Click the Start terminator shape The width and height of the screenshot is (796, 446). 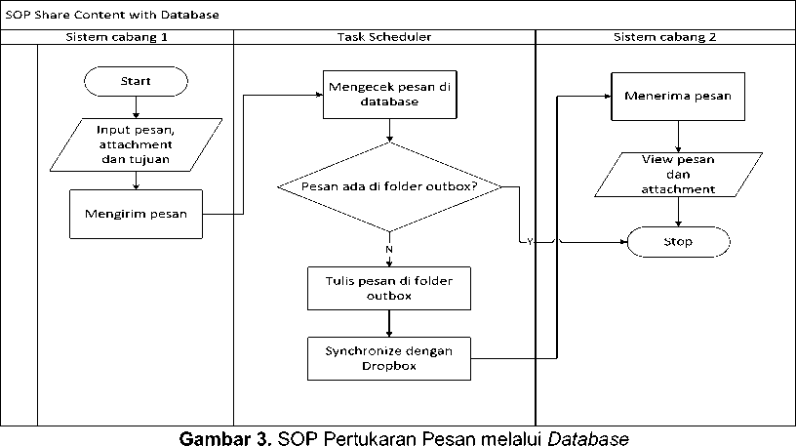(136, 81)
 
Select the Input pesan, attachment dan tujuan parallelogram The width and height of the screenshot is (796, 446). (136, 144)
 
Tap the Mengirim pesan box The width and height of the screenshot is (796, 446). (136, 213)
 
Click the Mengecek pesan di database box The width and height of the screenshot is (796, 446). (389, 94)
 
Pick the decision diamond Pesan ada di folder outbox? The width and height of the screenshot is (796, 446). (389, 186)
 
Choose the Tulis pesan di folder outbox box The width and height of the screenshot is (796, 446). (389, 289)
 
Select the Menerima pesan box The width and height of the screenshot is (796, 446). (670, 96)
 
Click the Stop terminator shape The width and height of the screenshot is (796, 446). (678, 241)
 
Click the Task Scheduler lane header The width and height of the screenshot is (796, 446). (383, 37)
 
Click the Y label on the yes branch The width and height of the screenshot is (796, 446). (530, 242)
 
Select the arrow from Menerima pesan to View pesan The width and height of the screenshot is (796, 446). (670, 136)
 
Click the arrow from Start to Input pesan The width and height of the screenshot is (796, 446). (136, 106)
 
